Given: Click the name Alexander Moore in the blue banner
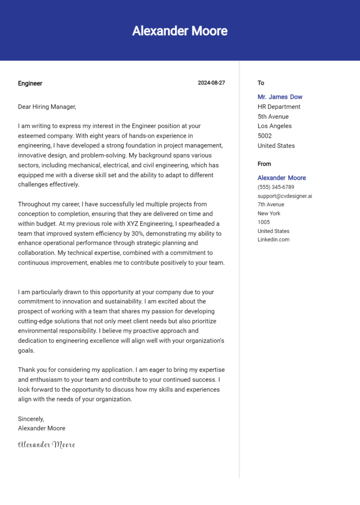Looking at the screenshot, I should (180, 31).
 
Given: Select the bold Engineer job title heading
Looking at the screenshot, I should (30, 83).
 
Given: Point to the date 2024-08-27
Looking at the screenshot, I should (211, 83).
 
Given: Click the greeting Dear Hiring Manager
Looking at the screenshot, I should (47, 107).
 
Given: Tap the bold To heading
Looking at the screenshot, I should (261, 83).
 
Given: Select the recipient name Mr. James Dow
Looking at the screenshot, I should (280, 97).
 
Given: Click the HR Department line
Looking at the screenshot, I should (279, 107).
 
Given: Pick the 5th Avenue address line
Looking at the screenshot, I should (273, 117).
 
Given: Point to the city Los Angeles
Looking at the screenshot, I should (274, 126).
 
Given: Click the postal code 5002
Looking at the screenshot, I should (264, 136).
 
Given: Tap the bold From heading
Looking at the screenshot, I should (264, 164).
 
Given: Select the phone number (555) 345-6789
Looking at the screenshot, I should (276, 187).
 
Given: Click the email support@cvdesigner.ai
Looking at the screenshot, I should (285, 196).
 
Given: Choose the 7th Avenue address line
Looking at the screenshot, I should (270, 204).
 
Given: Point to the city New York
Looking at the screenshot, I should (269, 213).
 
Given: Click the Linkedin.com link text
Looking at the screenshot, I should (273, 239).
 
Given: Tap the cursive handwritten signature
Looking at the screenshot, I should (46, 445).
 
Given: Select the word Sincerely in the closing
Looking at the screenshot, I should (31, 419).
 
